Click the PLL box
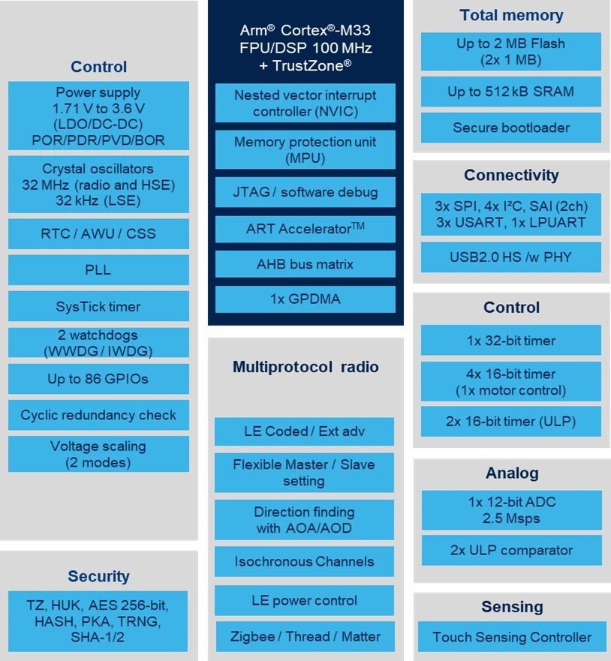tap(98, 270)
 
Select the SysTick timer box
tap(98, 306)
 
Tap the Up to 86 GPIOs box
tap(98, 379)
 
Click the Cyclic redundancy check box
tap(98, 415)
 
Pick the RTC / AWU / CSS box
tap(98, 233)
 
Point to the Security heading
tap(98, 576)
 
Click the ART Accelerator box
tap(305, 229)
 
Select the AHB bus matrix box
tap(305, 264)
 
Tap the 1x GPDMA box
tap(305, 299)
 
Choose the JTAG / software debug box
tap(305, 192)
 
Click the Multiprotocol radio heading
tap(305, 367)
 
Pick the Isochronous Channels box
tap(305, 561)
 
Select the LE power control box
tap(305, 600)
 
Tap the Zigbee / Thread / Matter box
tap(305, 636)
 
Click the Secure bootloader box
tap(511, 128)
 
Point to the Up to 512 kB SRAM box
tap(511, 92)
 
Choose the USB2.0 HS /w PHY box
tap(511, 257)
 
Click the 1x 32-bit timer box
tap(511, 340)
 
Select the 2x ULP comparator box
tap(512, 550)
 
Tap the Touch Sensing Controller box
tap(512, 637)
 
